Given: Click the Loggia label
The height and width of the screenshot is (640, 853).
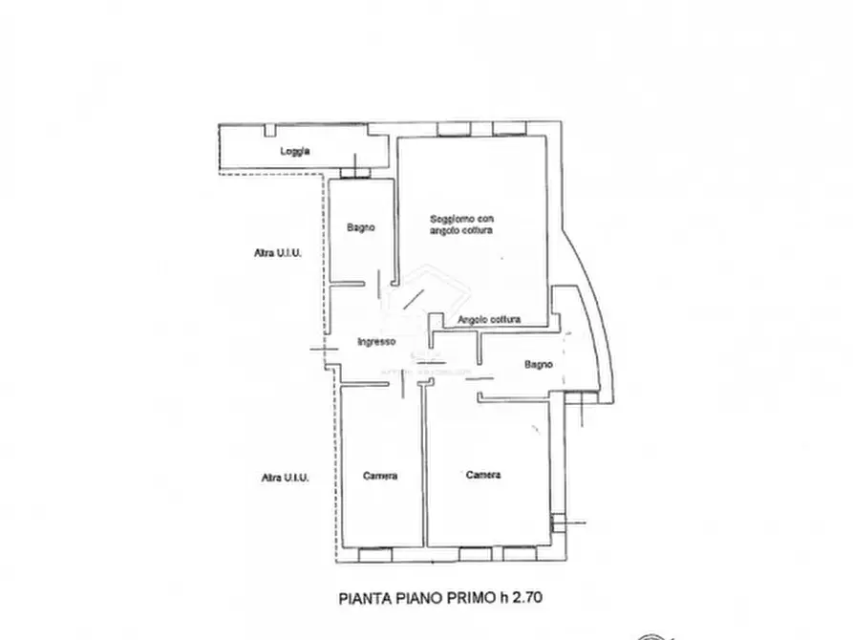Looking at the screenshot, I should point(295,151).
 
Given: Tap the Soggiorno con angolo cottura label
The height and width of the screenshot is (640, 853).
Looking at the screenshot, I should point(460,224).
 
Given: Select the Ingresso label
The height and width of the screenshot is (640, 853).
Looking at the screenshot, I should point(376,342).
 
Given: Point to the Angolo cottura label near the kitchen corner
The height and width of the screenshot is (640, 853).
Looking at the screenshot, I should point(489,320).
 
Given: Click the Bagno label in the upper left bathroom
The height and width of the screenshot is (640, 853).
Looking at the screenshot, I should point(360,227).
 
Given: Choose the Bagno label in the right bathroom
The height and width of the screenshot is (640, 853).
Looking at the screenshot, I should point(538,364).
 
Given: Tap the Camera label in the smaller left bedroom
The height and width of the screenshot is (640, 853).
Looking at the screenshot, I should point(380,476).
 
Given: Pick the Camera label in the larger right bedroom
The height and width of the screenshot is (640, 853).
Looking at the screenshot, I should point(483,475).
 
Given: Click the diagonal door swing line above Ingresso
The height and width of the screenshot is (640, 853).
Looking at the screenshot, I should point(412,299).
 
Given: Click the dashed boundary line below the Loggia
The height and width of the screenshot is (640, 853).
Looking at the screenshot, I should point(277,175).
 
